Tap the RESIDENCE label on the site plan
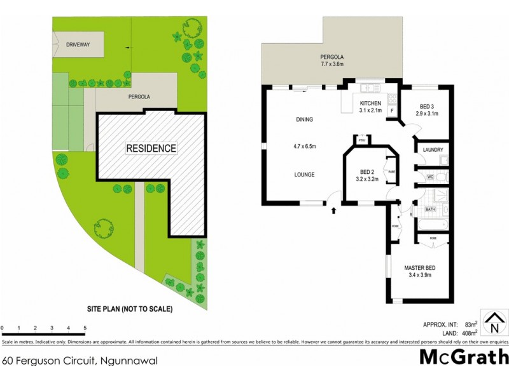click(151, 148)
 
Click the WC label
click(430, 176)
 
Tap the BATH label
click(430, 209)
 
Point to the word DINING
click(304, 119)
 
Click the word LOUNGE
click(304, 175)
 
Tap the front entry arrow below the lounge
click(333, 210)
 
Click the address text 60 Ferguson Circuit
click(80, 361)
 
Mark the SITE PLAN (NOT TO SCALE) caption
click(130, 309)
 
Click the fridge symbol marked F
click(392, 110)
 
